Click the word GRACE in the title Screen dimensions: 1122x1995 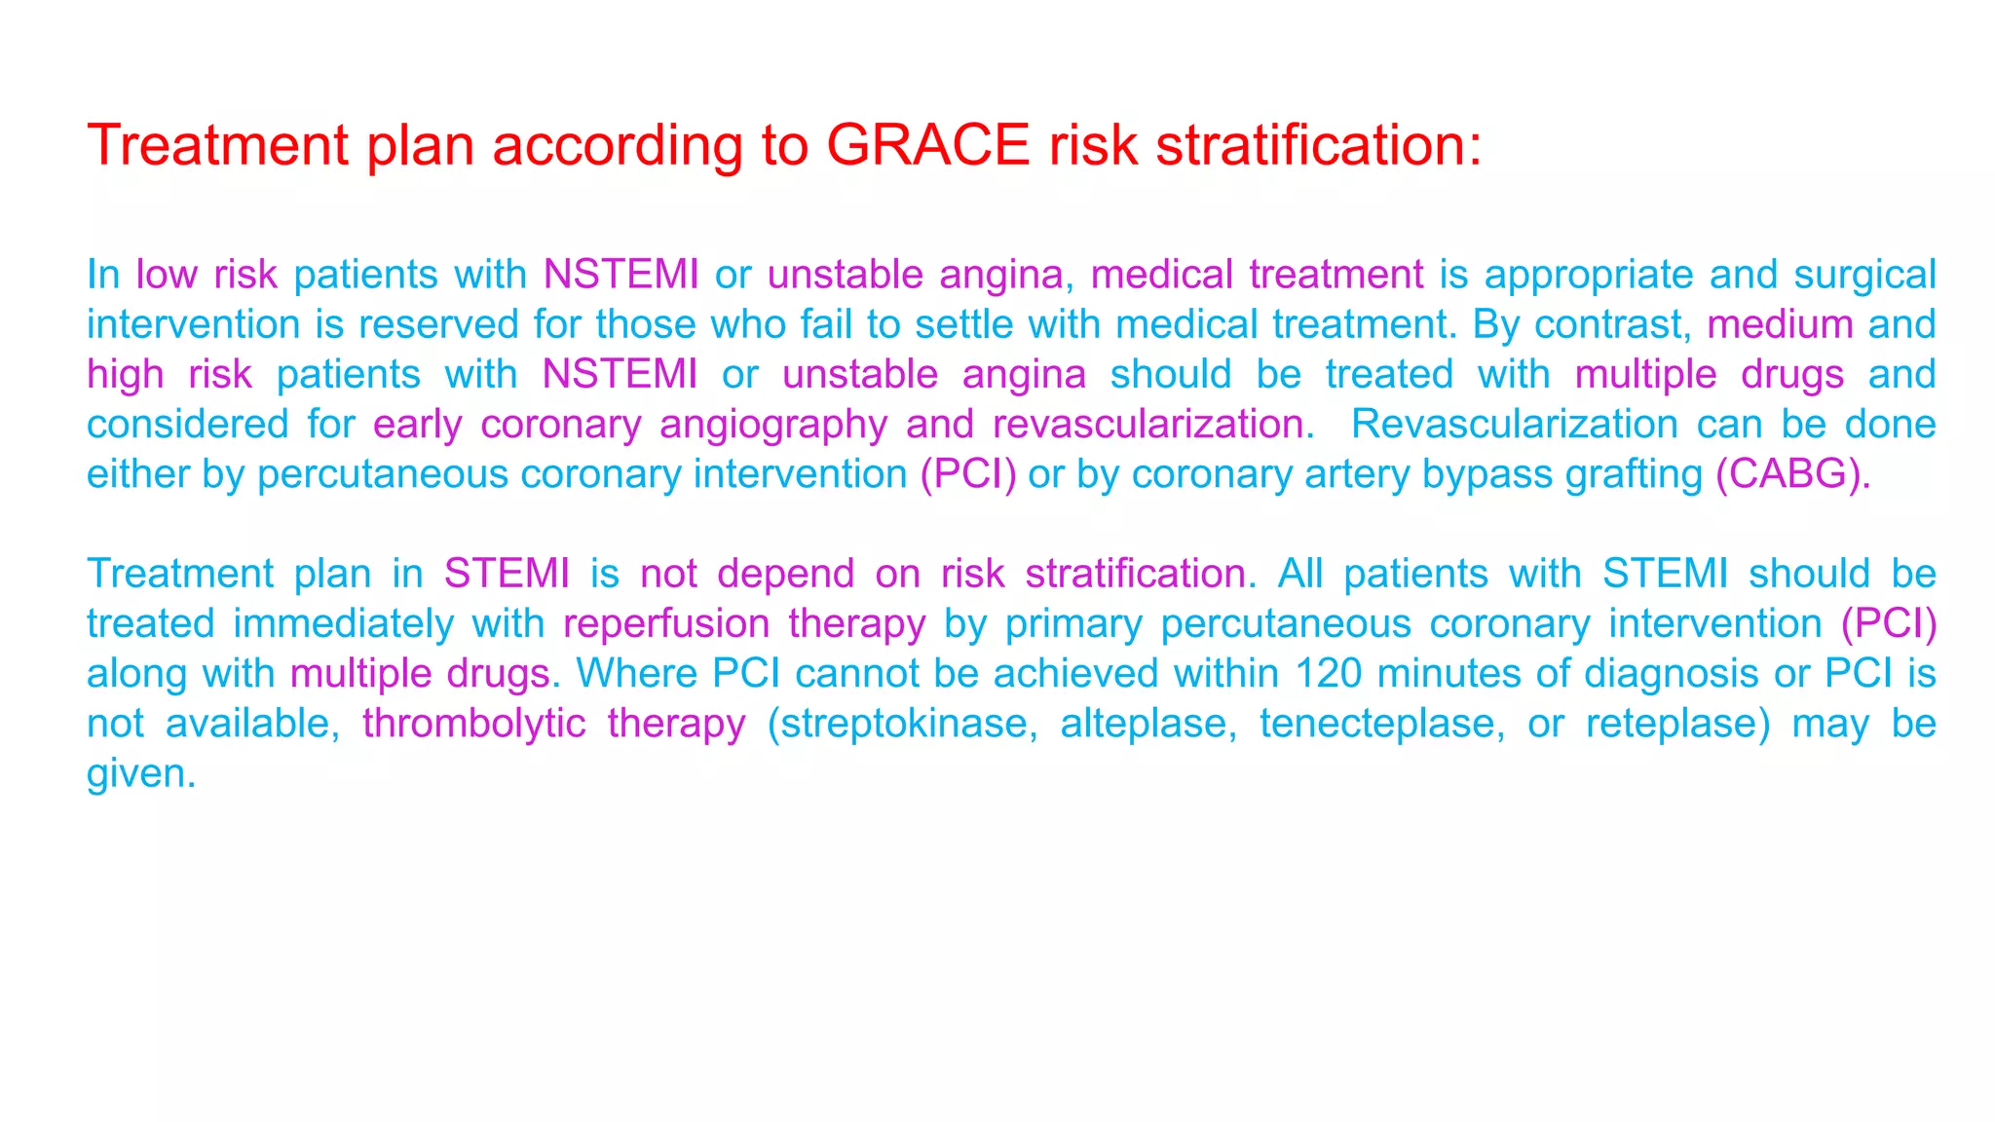[927, 145]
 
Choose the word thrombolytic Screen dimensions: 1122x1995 [473, 724]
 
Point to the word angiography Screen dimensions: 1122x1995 [773, 426]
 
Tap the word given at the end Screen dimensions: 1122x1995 [141, 774]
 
